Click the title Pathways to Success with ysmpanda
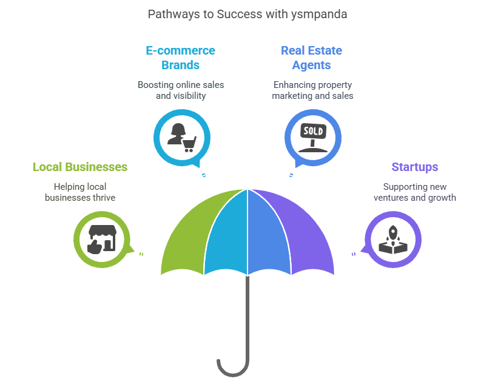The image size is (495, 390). tap(247, 14)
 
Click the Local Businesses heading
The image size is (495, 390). tap(80, 167)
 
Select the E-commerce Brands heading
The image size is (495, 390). tap(181, 58)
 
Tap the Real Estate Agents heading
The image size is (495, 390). tap(312, 58)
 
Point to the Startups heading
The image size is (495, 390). tap(415, 167)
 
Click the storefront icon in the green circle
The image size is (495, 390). tap(101, 238)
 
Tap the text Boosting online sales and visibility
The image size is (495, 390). tap(181, 90)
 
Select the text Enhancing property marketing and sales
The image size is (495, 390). tap(312, 90)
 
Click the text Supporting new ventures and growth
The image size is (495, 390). tap(415, 192)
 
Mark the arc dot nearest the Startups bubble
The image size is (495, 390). tap(354, 254)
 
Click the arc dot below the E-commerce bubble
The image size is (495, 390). tap(204, 175)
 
